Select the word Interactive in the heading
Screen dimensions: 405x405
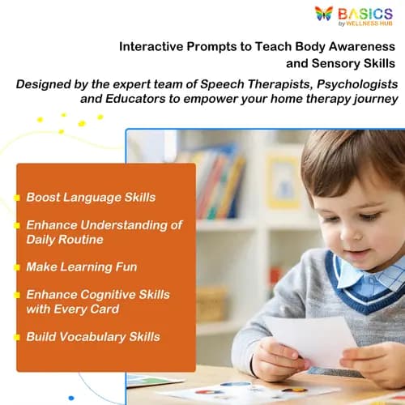point(151,46)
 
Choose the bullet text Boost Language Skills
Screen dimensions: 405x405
point(91,197)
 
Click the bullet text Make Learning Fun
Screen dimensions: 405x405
point(81,266)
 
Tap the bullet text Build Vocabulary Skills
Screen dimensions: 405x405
point(92,335)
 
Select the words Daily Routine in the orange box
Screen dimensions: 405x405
point(65,240)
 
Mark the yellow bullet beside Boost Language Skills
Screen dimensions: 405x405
point(17,198)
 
